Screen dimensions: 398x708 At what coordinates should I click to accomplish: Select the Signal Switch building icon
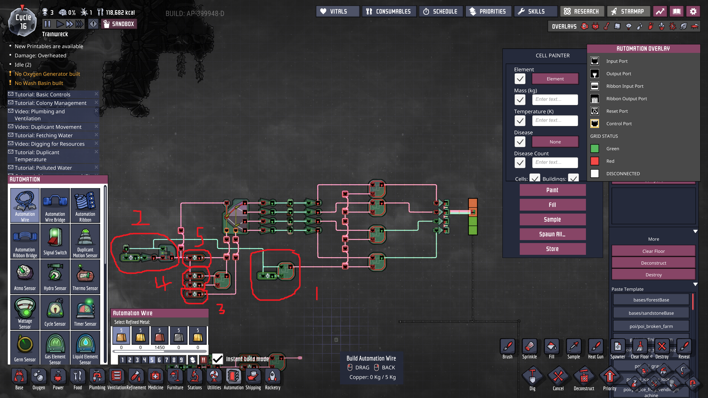point(55,241)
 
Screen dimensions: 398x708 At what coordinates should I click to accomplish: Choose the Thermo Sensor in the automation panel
point(85,276)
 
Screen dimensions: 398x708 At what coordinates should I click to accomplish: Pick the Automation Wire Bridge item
point(55,205)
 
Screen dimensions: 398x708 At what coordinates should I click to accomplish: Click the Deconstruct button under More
point(653,263)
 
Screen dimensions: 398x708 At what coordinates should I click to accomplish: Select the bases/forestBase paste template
point(651,300)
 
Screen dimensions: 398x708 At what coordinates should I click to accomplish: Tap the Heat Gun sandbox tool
point(596,348)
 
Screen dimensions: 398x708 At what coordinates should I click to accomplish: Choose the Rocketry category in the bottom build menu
point(272,379)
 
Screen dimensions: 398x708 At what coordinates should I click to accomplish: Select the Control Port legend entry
point(619,124)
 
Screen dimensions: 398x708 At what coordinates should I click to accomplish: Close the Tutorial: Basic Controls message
point(96,94)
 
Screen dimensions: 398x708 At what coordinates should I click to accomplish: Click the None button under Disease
point(555,142)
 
